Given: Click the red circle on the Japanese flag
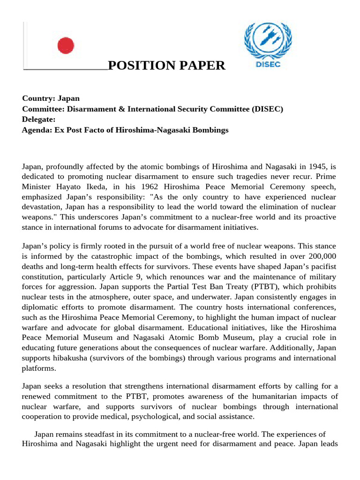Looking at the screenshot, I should pyautogui.click(x=66, y=46).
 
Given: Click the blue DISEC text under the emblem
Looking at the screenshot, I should pyautogui.click(x=268, y=65).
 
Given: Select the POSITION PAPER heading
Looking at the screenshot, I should pyautogui.click(x=166, y=66).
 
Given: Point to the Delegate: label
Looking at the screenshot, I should pyautogui.click(x=39, y=119).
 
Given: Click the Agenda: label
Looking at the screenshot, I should pyautogui.click(x=37, y=130).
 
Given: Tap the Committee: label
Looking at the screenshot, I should pyautogui.click(x=43, y=109).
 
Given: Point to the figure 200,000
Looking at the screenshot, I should pyautogui.click(x=322, y=256).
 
